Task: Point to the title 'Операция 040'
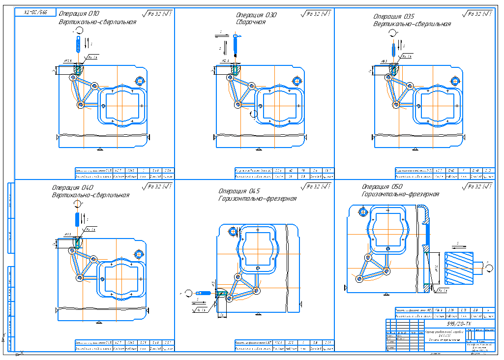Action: pos(73,187)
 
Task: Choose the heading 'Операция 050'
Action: pos(383,187)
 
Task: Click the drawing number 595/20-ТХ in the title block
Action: pos(458,324)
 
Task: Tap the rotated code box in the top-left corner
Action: pos(35,12)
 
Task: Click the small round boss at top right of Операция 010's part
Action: pos(140,81)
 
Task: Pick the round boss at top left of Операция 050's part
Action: pos(362,211)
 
